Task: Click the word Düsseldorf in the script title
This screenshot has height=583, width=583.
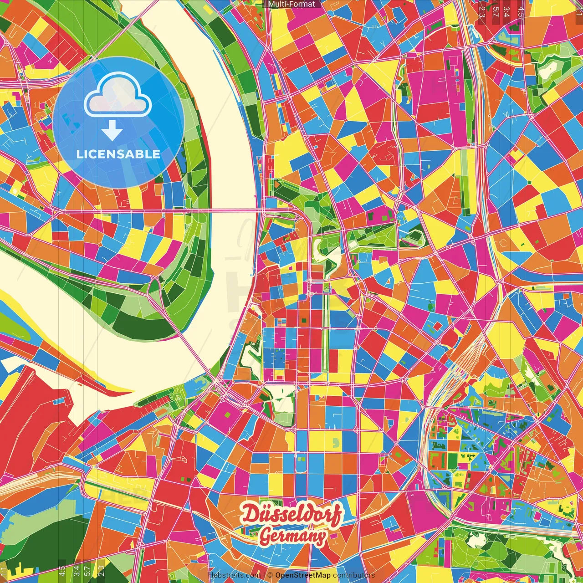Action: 291,514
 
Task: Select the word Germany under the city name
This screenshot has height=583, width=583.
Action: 292,537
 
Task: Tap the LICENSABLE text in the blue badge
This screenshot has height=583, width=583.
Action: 118,154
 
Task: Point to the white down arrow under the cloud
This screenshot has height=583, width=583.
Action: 112,132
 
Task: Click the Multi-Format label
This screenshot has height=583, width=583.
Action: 291,4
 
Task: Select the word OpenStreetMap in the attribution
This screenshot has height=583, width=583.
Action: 302,575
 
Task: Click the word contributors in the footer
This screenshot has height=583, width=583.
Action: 354,575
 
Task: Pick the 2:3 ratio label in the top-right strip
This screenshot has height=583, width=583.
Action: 482,12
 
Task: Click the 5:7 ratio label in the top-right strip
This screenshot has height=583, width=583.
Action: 496,12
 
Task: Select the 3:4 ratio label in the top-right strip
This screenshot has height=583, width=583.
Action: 506,12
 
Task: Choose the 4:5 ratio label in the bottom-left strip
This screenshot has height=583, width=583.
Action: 61,571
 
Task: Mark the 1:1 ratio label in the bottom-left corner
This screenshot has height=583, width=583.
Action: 4,571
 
